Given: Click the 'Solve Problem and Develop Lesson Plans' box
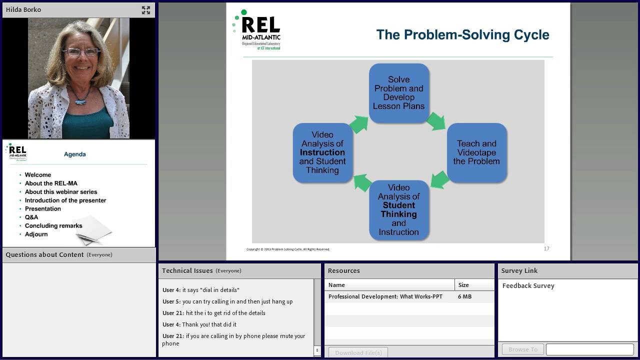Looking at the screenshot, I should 398,93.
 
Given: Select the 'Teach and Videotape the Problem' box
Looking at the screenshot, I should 476,152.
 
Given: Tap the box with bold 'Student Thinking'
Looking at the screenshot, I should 398,210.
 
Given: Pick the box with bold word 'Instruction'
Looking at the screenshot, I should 322,152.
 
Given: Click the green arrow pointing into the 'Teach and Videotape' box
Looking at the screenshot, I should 436,121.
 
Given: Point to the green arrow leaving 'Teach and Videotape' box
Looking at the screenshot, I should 439,179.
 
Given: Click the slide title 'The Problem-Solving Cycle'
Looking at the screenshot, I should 462,34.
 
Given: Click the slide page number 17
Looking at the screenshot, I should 546,248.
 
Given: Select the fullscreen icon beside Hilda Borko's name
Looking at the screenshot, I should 146,10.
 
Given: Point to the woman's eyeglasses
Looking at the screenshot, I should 80,52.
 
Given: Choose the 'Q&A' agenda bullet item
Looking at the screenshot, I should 31,217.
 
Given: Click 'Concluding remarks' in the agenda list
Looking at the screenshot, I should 53,225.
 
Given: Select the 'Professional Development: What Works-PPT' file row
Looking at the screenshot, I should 385,296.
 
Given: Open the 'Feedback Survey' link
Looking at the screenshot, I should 528,286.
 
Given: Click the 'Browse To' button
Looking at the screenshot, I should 522,349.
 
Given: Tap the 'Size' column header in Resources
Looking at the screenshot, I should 463,285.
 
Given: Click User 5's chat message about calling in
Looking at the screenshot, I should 237,301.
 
